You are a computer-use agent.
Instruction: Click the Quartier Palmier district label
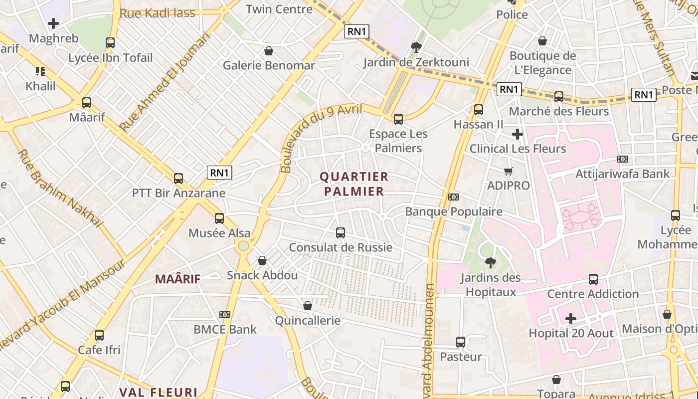[354, 184]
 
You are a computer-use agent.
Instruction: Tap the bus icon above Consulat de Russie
[341, 232]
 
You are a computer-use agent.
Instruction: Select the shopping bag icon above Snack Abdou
[262, 260]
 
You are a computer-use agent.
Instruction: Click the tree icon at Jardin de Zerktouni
[416, 47]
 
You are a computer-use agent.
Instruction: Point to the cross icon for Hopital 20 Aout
[571, 318]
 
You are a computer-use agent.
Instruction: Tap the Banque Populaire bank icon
[453, 197]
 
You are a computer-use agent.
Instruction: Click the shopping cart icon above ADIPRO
[509, 171]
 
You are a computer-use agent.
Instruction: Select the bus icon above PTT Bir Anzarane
[178, 178]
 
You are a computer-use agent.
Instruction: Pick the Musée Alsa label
[219, 233]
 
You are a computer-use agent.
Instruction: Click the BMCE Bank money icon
[225, 315]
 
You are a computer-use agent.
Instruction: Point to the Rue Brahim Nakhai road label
[60, 189]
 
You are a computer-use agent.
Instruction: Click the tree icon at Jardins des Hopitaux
[491, 262]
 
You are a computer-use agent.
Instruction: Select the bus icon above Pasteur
[461, 342]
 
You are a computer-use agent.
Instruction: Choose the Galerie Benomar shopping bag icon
[269, 51]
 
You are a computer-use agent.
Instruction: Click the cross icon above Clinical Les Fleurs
[518, 134]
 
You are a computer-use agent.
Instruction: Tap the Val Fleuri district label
[159, 392]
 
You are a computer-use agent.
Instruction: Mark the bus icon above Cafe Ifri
[99, 335]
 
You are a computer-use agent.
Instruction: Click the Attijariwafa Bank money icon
[622, 159]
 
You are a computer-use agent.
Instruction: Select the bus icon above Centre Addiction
[593, 279]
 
